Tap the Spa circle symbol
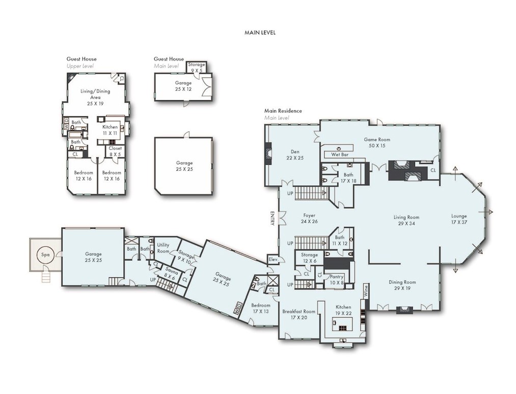point(45,254)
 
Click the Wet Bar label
point(340,154)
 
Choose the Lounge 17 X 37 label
point(458,219)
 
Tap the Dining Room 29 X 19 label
point(402,285)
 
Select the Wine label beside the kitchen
point(365,290)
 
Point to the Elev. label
point(273,260)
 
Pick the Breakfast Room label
point(299,314)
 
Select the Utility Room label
point(163,248)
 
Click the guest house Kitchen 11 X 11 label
point(110,130)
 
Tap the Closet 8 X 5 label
point(115,151)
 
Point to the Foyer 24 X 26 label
point(310,218)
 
